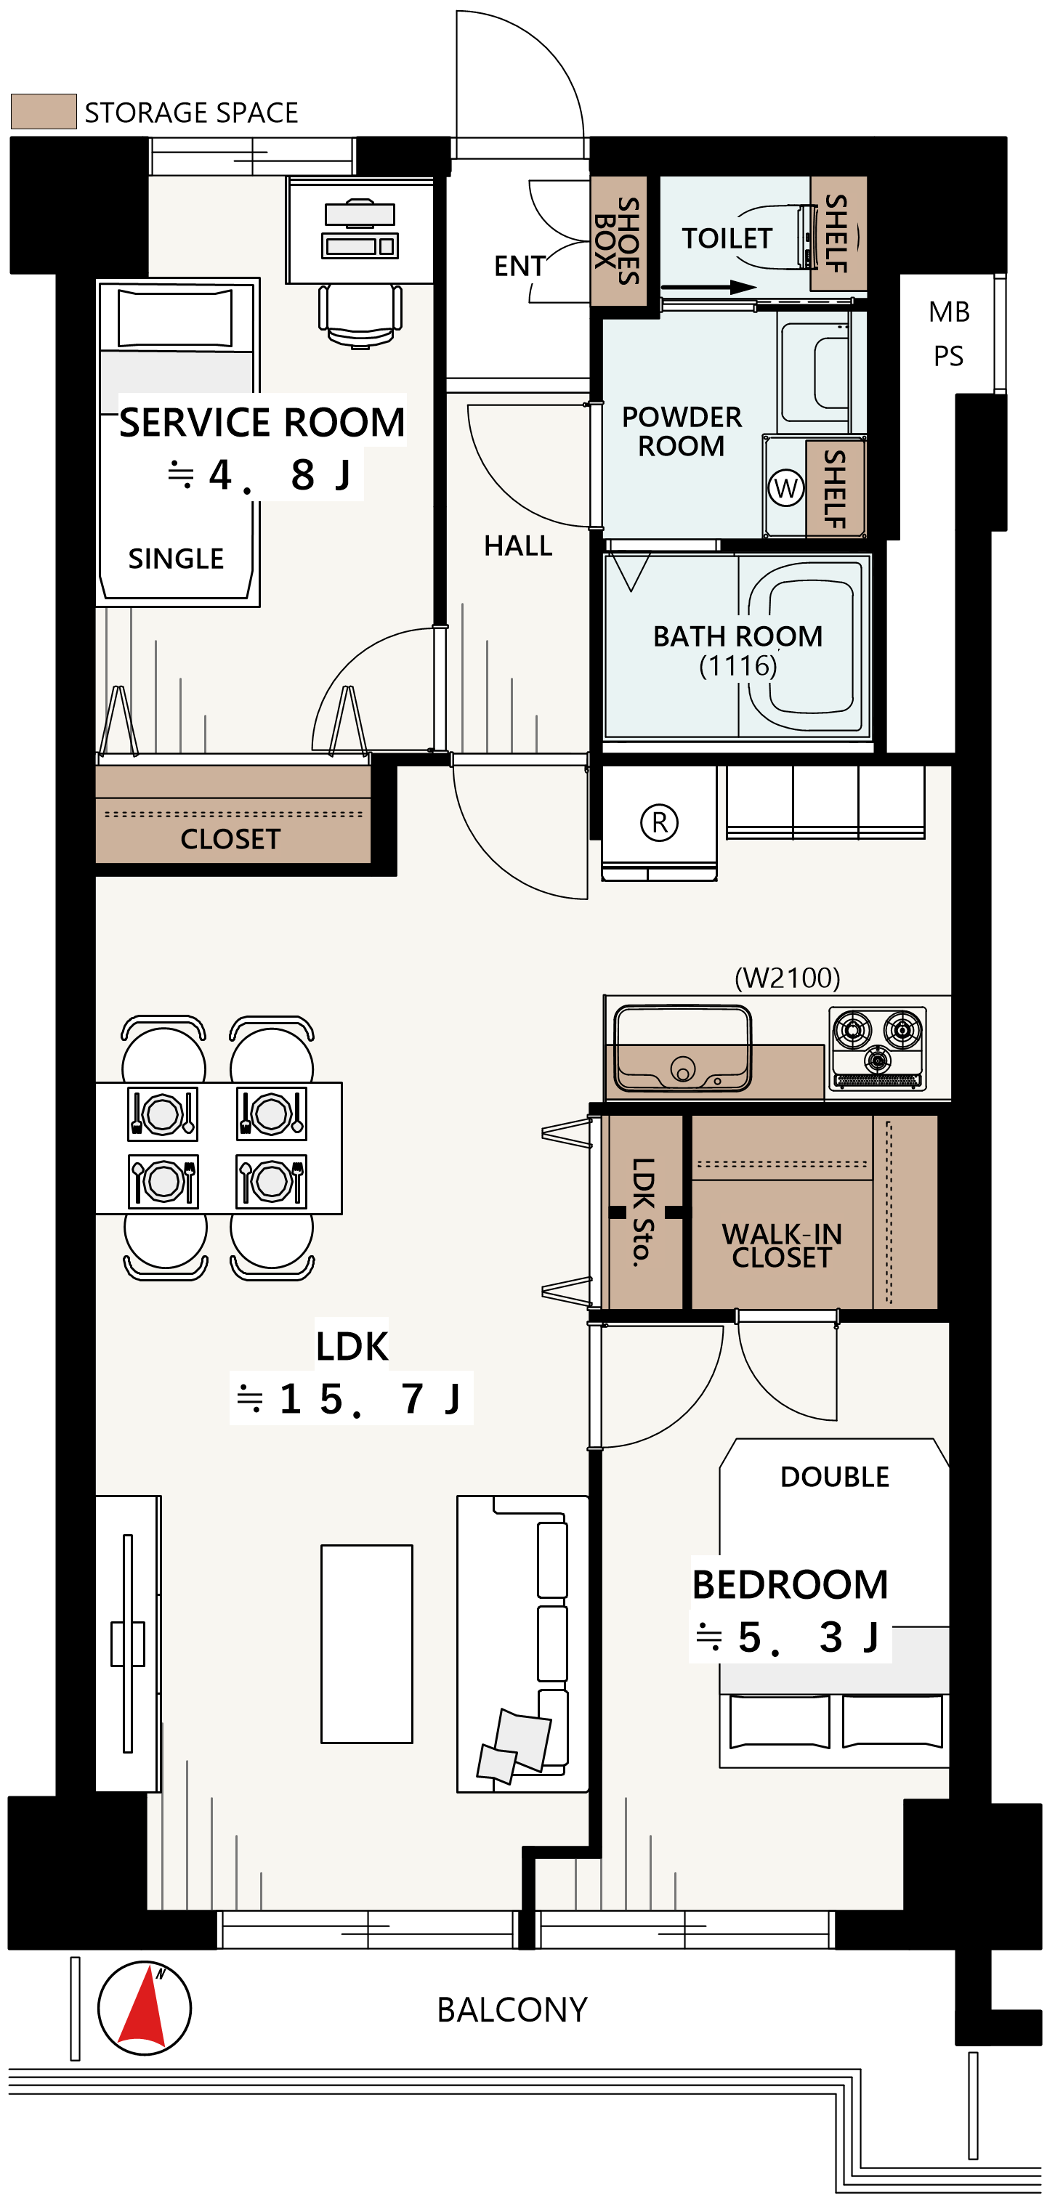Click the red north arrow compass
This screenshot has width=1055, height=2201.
pyautogui.click(x=145, y=2007)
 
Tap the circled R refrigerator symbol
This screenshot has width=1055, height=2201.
pyautogui.click(x=659, y=822)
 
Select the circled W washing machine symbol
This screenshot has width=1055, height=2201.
pyautogui.click(x=785, y=488)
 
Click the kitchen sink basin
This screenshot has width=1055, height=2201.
pyautogui.click(x=682, y=1047)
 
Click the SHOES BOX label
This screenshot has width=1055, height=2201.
pyautogui.click(x=618, y=240)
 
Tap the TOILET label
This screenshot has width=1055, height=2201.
pyautogui.click(x=727, y=238)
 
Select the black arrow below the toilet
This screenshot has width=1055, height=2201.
pyautogui.click(x=708, y=287)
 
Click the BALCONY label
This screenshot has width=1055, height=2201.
pyautogui.click(x=512, y=2010)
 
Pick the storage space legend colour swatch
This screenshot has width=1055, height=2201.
pyautogui.click(x=44, y=111)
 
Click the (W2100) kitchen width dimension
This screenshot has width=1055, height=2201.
pyautogui.click(x=788, y=978)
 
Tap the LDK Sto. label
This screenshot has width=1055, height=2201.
pyautogui.click(x=643, y=1212)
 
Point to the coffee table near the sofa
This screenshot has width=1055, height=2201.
pyautogui.click(x=367, y=1643)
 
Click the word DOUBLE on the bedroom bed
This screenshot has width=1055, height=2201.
pyautogui.click(x=834, y=1477)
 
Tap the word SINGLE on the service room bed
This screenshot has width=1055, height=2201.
pyautogui.click(x=176, y=558)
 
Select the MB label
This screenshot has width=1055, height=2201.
pyautogui.click(x=949, y=312)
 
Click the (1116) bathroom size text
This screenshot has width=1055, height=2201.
pyautogui.click(x=737, y=665)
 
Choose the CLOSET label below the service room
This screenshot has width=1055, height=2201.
pyautogui.click(x=230, y=839)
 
